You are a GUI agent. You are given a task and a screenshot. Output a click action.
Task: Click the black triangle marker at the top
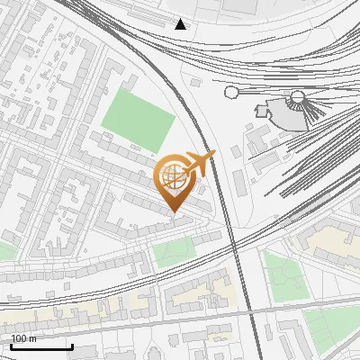click(181, 23)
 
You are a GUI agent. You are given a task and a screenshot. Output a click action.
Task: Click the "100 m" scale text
click(23, 339)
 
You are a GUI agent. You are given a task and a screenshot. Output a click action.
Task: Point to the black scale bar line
click(41, 346)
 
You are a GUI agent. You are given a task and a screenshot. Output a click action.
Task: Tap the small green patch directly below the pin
click(173, 253)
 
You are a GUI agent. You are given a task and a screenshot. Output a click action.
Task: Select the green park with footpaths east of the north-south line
click(285, 276)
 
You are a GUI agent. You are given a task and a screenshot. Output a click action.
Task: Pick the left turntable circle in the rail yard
click(231, 92)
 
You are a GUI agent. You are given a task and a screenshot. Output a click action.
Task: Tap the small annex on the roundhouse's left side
click(263, 111)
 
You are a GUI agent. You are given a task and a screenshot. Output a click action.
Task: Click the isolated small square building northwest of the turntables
click(195, 83)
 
